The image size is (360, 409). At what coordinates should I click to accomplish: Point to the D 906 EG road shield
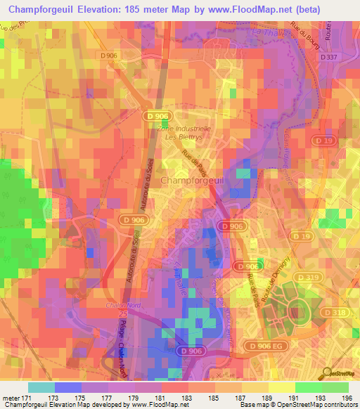266,346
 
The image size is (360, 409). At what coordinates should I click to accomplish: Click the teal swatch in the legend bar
41,387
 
